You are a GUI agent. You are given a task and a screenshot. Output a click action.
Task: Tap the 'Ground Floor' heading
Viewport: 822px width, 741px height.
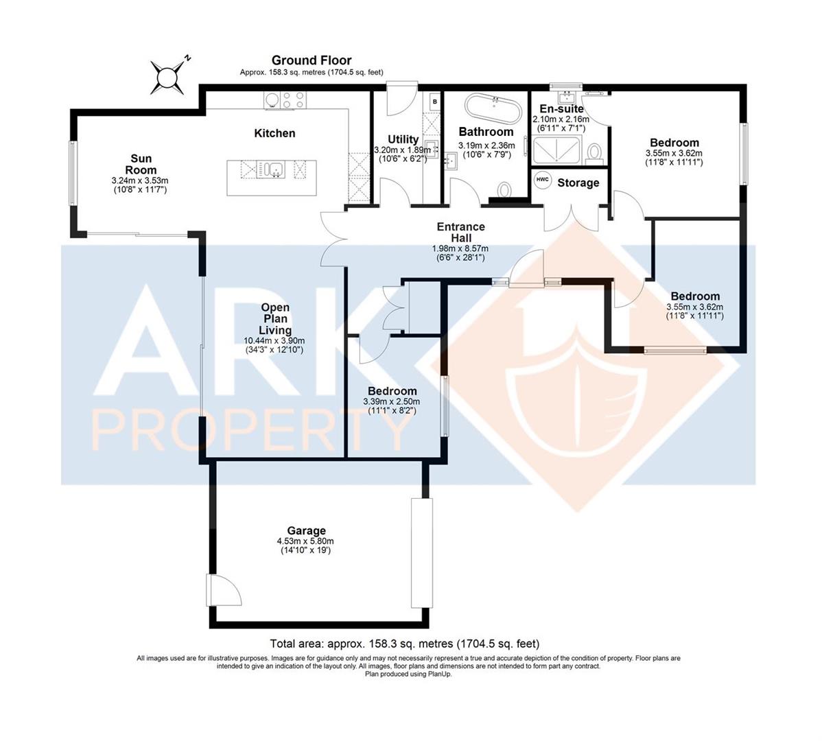(x=311, y=60)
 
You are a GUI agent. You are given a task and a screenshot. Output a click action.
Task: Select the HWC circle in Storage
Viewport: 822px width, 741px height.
(x=542, y=179)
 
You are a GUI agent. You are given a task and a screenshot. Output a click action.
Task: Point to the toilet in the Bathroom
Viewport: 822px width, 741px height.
(x=506, y=189)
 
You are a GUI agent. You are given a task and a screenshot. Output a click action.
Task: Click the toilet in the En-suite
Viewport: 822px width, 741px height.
(x=595, y=151)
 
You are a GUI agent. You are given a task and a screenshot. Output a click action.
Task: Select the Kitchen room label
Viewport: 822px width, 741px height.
(x=274, y=133)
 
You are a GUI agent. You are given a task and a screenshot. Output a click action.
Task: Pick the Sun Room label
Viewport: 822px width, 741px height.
(x=140, y=165)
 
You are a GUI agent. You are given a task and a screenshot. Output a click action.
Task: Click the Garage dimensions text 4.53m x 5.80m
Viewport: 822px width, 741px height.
(x=306, y=541)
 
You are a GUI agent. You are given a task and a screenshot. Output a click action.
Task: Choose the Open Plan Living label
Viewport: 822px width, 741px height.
(x=274, y=319)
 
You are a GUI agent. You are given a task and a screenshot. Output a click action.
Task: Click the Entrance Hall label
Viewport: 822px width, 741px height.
(x=461, y=232)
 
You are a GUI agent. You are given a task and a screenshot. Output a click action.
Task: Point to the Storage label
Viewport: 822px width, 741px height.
(x=578, y=183)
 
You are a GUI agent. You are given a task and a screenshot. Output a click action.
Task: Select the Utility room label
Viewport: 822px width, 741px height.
(x=403, y=139)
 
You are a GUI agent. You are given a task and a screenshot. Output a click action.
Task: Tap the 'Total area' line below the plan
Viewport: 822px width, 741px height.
(x=405, y=644)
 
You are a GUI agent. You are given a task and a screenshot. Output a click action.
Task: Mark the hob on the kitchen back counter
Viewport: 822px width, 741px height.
(x=284, y=101)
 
